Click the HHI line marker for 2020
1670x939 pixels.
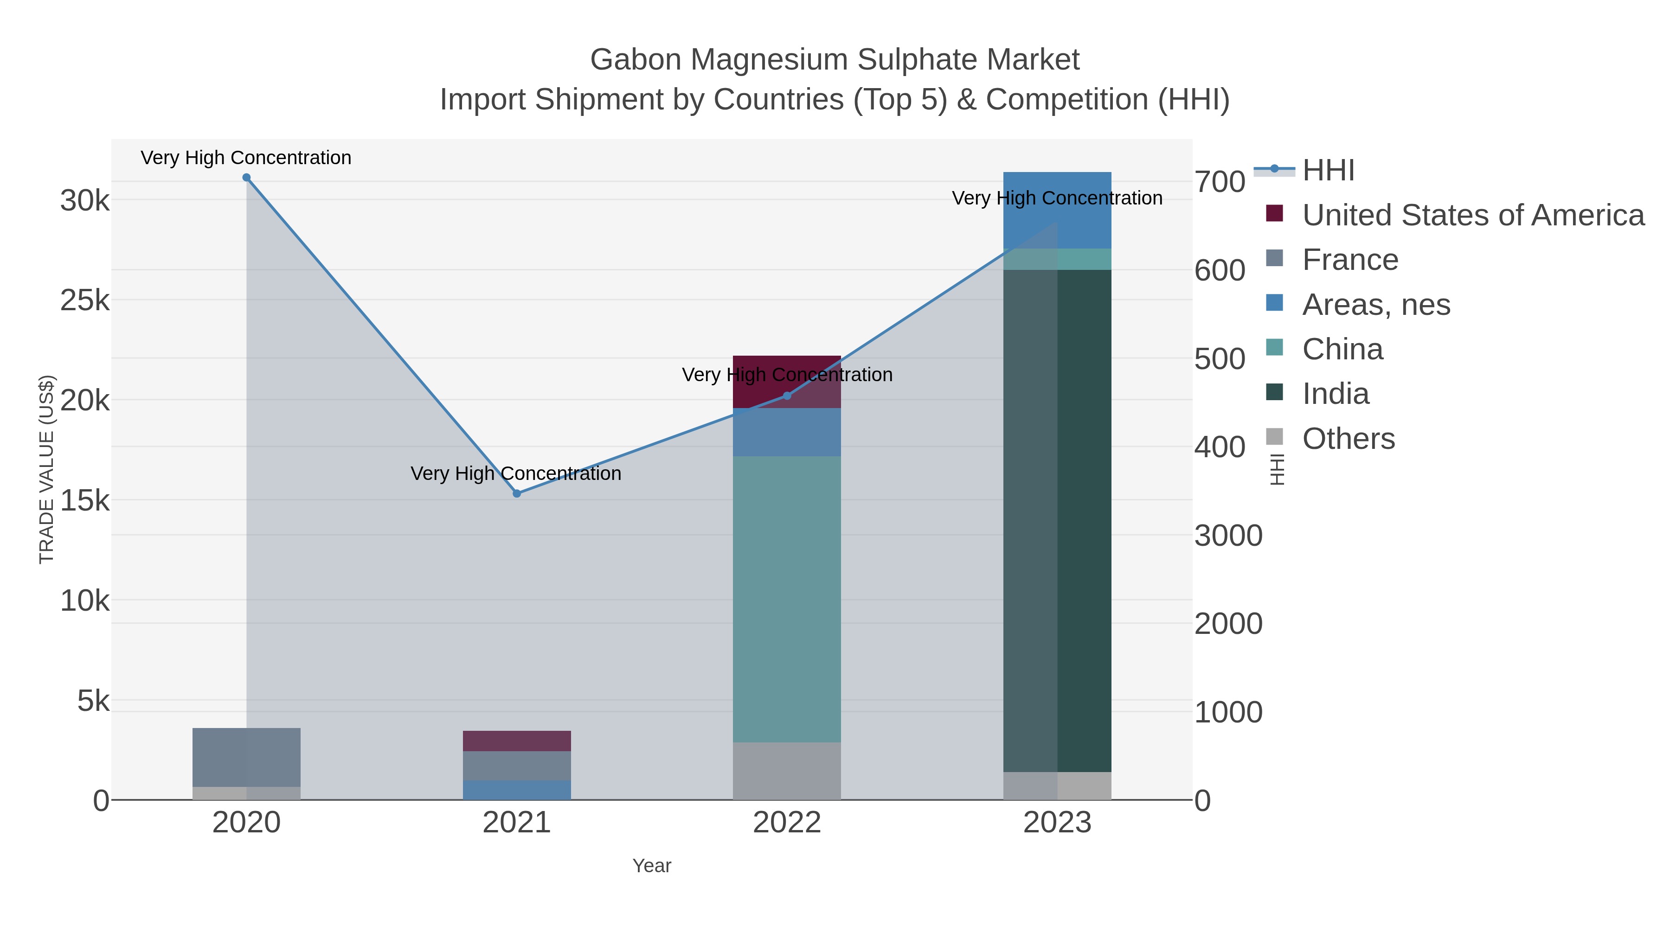point(246,178)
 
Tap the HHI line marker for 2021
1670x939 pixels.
point(517,494)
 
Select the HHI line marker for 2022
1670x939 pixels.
point(787,396)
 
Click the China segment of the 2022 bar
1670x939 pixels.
point(787,600)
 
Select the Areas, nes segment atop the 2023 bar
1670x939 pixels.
point(1057,210)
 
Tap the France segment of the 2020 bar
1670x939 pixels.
point(246,757)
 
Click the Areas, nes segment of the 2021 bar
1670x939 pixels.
point(517,790)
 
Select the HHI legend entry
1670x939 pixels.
point(1328,171)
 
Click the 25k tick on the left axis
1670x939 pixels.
point(85,300)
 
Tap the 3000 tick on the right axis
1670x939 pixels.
point(1228,536)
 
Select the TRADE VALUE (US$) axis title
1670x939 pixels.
point(47,469)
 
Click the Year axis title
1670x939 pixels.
point(652,866)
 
